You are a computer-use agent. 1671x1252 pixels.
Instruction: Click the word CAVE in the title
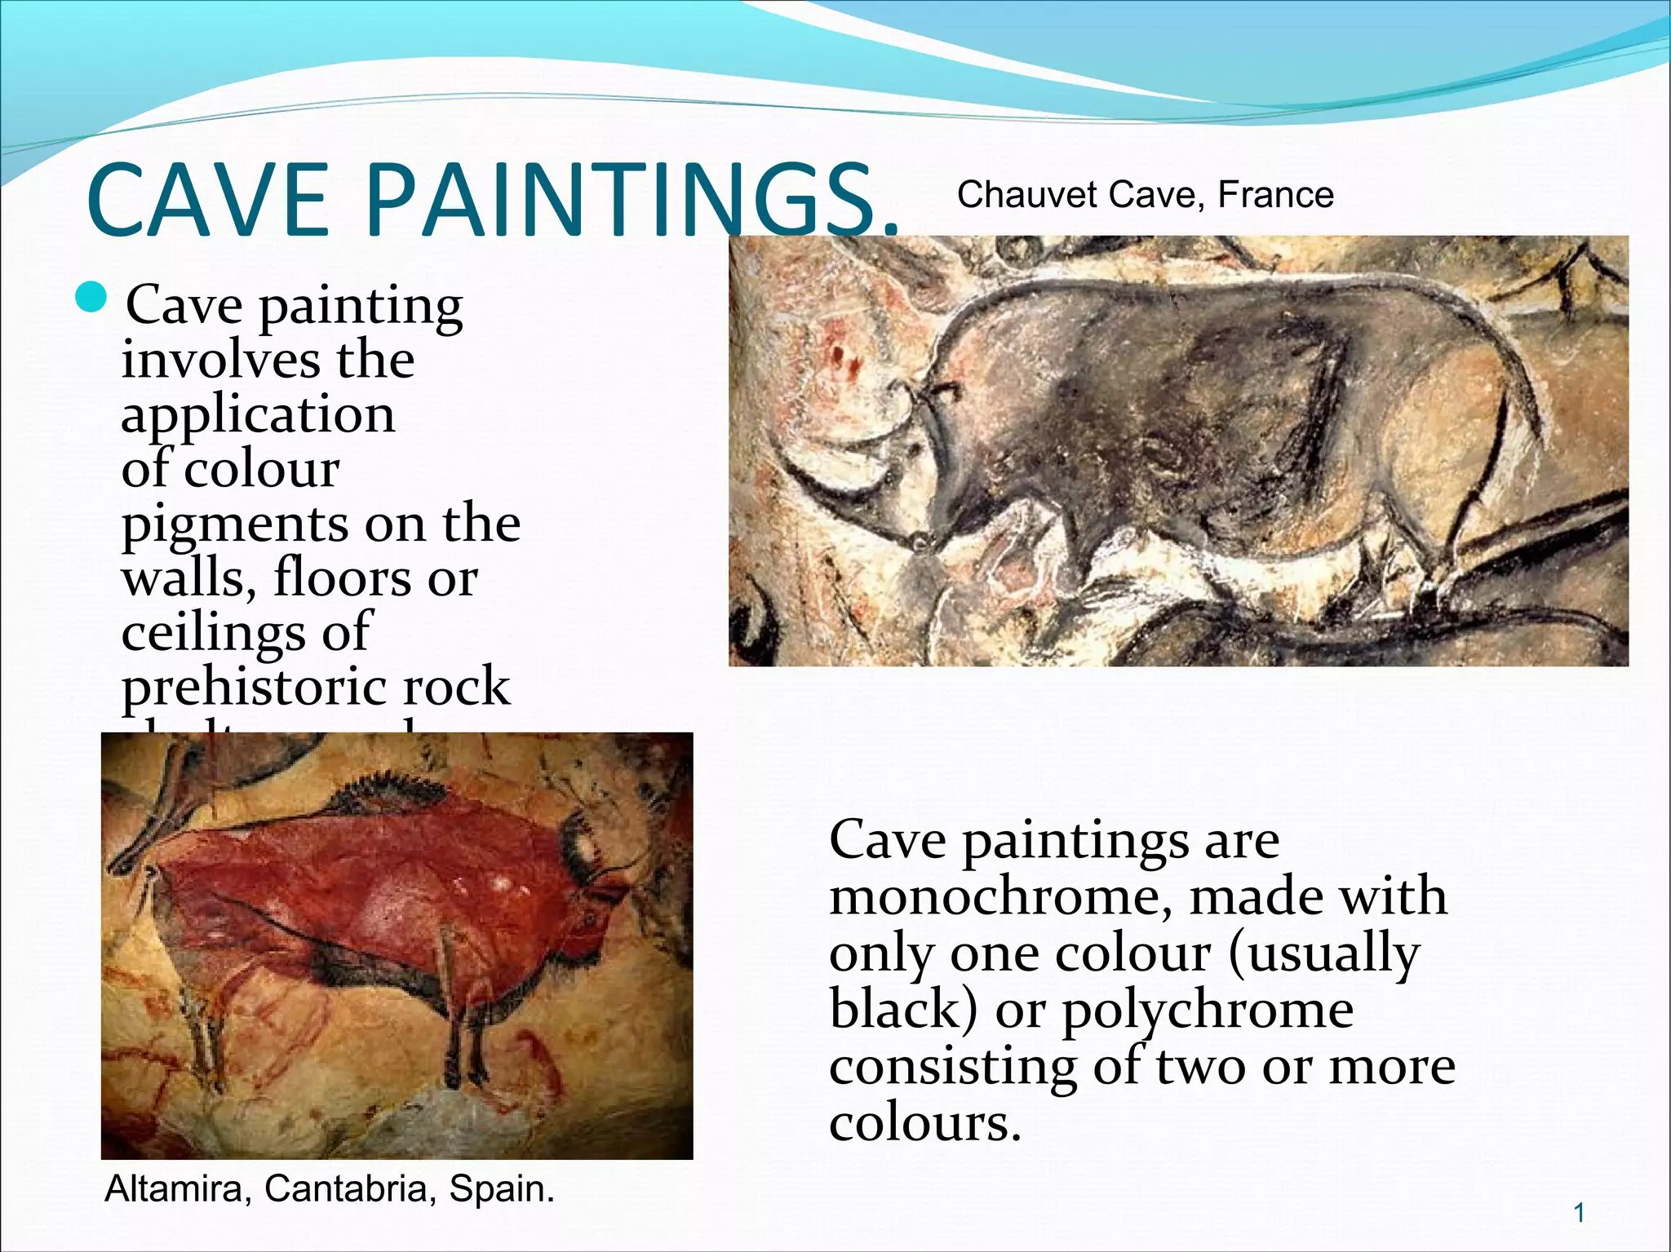[208, 200]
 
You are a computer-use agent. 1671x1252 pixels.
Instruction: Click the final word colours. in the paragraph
[925, 1123]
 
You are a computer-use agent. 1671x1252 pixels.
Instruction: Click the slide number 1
[1579, 1213]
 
